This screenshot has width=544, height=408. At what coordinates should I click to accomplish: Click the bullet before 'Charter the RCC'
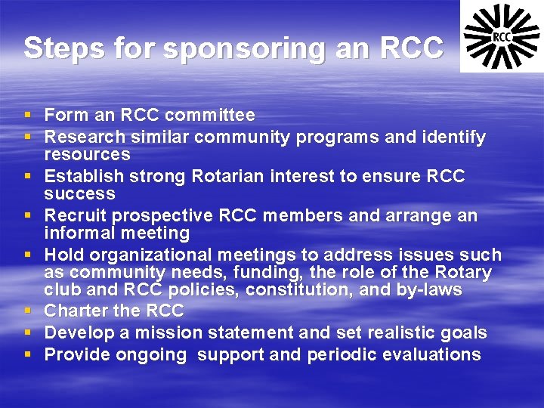(x=27, y=311)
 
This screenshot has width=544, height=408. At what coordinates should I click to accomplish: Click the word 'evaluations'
(x=434, y=355)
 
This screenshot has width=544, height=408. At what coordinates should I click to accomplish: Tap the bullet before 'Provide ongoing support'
(x=27, y=355)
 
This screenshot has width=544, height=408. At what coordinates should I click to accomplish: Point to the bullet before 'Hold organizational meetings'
(x=27, y=255)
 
